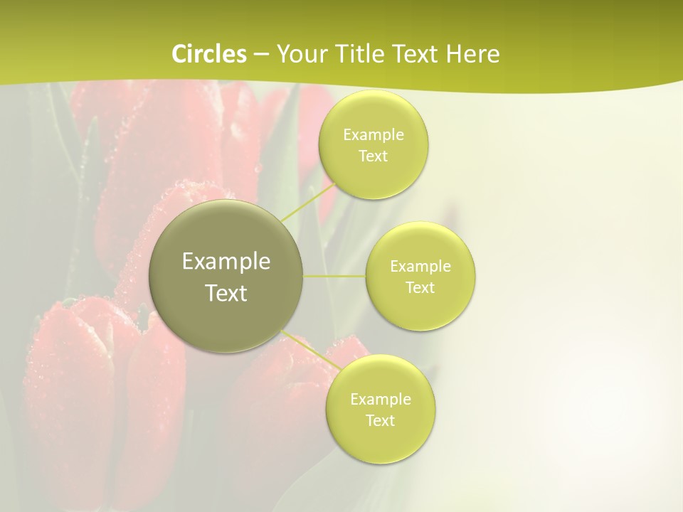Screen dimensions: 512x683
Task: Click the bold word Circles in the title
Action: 209,54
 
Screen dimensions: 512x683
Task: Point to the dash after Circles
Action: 261,55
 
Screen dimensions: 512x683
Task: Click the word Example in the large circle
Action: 226,262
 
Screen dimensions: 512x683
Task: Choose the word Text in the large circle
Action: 226,293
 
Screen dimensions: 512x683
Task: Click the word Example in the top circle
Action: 374,134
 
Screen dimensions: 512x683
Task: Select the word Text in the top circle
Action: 373,156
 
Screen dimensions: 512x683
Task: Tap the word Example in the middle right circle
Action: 420,266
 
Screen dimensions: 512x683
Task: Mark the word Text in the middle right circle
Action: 420,287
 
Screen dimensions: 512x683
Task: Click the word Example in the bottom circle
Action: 381,399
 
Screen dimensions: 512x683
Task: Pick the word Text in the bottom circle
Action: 380,420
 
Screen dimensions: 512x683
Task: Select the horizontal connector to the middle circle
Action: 334,276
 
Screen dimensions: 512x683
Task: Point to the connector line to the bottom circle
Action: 310,350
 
